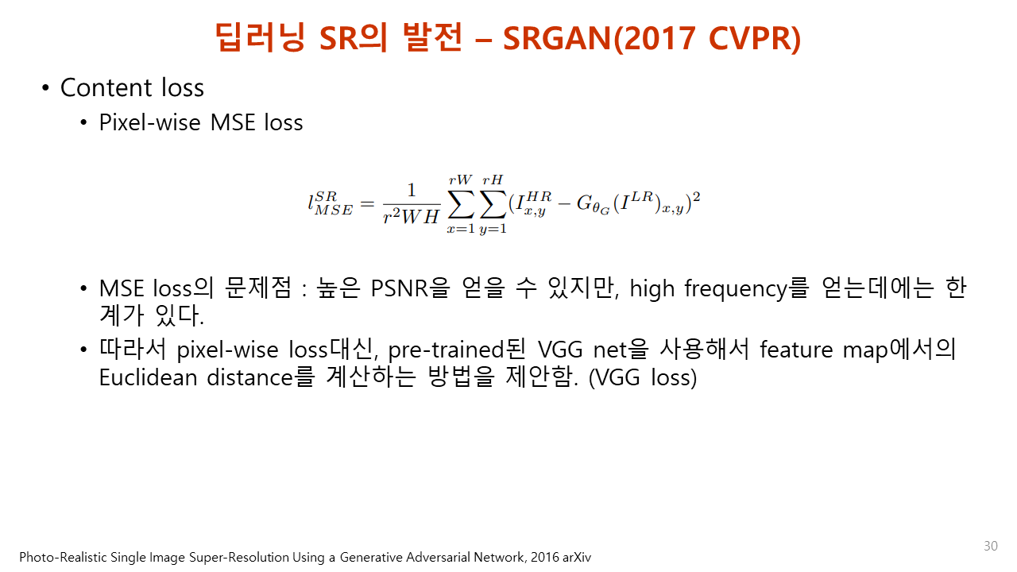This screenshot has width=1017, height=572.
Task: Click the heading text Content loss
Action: [132, 87]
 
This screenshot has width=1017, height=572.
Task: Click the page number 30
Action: [990, 546]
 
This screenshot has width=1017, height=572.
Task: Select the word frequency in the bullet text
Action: [731, 288]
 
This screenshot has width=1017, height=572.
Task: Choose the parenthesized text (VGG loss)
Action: [643, 377]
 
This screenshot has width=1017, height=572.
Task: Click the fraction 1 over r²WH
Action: [411, 203]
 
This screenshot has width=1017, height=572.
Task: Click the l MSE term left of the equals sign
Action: [330, 204]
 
